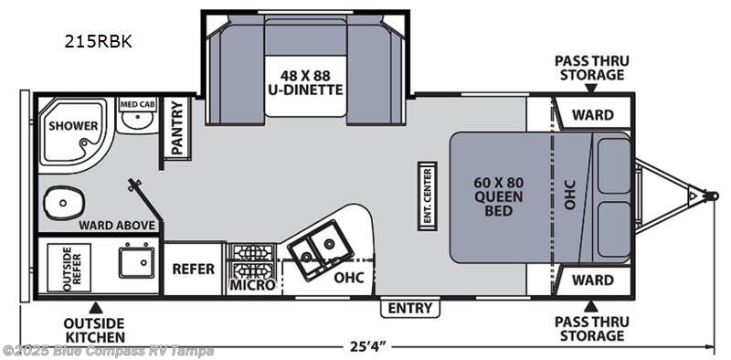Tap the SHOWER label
click(68, 124)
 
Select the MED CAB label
click(138, 104)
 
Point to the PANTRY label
click(177, 129)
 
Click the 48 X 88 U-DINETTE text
click(306, 82)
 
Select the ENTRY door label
click(409, 308)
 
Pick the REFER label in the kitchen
click(194, 269)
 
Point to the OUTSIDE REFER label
click(72, 268)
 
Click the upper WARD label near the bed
click(592, 115)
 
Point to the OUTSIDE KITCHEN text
click(94, 330)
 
